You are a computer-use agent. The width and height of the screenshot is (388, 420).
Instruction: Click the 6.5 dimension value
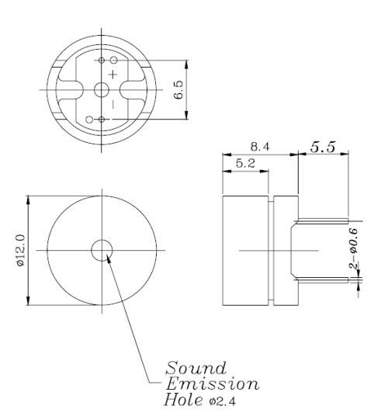pyautogui.click(x=178, y=89)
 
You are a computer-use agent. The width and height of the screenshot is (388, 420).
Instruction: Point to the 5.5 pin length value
pyautogui.click(x=324, y=145)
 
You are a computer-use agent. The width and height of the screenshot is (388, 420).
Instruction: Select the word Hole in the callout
pyautogui.click(x=181, y=401)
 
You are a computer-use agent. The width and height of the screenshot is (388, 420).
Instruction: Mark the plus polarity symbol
pyautogui.click(x=113, y=74)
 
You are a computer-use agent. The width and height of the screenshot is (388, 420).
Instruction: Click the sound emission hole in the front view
pyautogui.click(x=102, y=250)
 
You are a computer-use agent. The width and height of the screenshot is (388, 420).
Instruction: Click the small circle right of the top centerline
pyautogui.click(x=113, y=60)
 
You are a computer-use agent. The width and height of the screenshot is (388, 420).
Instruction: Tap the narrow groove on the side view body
pyautogui.click(x=271, y=251)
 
